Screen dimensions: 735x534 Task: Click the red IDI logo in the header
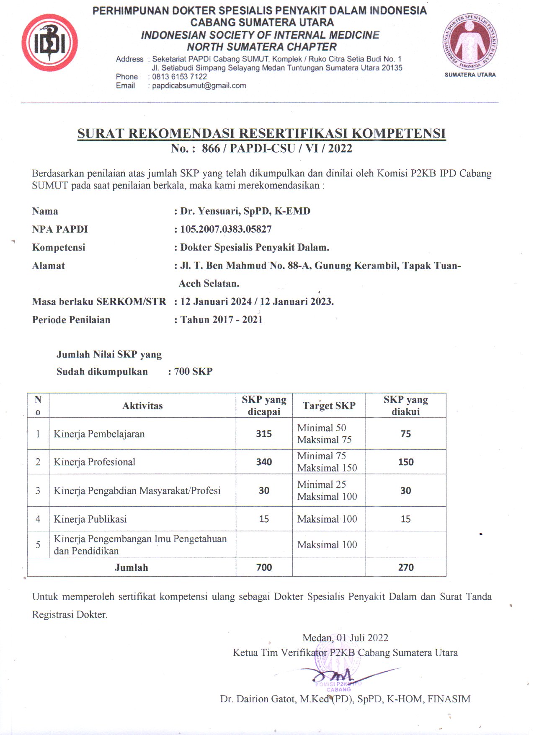[x=49, y=43]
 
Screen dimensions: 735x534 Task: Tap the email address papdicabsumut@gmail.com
[x=199, y=85]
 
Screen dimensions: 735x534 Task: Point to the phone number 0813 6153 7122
[x=179, y=77]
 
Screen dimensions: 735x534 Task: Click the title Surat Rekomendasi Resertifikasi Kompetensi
[x=261, y=133]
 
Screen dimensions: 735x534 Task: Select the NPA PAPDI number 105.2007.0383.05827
[x=226, y=229]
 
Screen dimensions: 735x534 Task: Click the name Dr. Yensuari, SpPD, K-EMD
[x=245, y=211]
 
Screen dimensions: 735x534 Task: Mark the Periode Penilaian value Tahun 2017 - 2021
[x=221, y=320]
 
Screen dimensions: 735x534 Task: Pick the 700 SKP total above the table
[x=193, y=371]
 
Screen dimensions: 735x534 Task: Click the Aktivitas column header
[x=142, y=406]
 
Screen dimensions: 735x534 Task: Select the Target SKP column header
[x=329, y=406]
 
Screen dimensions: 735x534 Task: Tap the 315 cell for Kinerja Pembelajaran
[x=264, y=434]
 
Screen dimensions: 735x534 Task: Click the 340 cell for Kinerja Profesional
[x=264, y=462]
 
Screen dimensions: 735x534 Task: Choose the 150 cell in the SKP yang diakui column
[x=405, y=462]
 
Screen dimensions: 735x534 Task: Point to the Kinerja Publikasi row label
[x=90, y=519]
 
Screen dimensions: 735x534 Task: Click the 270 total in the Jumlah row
[x=405, y=567]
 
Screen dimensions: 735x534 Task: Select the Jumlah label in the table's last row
[x=131, y=567]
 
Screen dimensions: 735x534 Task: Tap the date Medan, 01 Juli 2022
[x=345, y=638]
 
